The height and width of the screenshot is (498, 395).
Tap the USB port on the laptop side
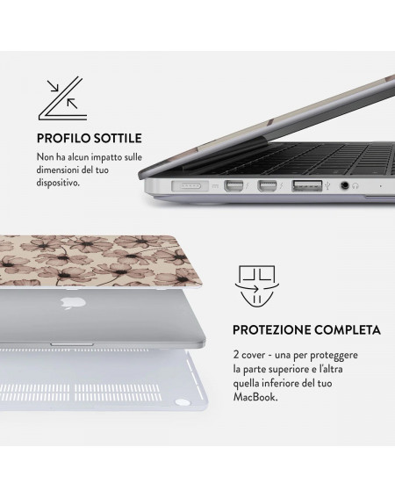point(306,186)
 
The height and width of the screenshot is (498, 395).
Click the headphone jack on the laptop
point(344,185)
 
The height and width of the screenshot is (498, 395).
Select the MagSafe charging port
point(190,186)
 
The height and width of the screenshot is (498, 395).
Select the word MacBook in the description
point(255,397)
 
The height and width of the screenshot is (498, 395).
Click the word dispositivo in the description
point(57,183)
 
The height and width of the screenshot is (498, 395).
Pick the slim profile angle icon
point(62,98)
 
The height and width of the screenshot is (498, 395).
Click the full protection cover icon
point(257,286)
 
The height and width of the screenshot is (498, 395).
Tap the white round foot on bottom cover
point(183,403)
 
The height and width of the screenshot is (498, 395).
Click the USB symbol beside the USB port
point(327,185)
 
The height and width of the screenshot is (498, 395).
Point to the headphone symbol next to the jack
point(355,186)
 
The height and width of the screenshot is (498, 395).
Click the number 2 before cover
point(236,355)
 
